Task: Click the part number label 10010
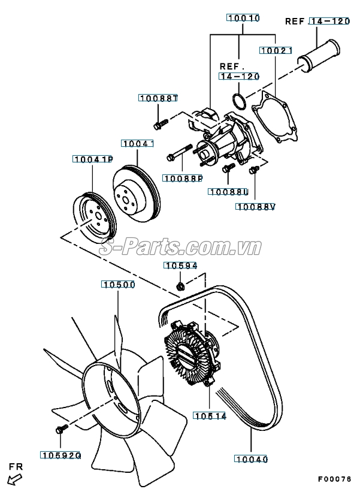243,19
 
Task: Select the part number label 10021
276,51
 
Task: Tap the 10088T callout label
159,98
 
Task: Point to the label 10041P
93,159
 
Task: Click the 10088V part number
255,207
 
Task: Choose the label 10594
181,265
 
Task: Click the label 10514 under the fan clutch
210,415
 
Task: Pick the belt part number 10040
251,459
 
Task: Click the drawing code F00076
335,479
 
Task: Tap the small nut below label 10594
180,285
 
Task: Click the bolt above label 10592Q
60,430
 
